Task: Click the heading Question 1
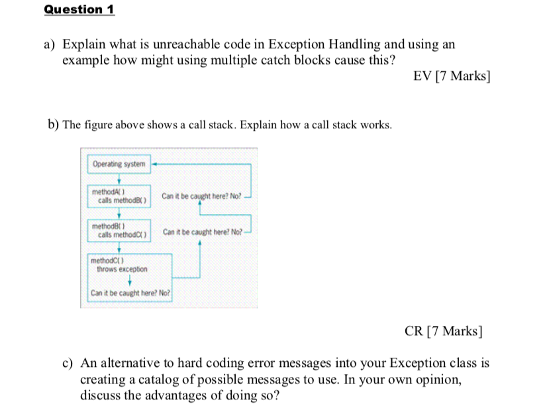tap(79, 9)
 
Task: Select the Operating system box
tap(119, 163)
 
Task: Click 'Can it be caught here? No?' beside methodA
tap(201, 196)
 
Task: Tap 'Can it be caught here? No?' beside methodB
tap(202, 231)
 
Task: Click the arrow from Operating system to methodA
tap(119, 179)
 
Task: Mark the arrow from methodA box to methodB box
tap(119, 214)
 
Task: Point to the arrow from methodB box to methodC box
tap(119, 248)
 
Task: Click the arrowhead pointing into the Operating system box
tap(155, 163)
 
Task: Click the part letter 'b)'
tap(53, 124)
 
